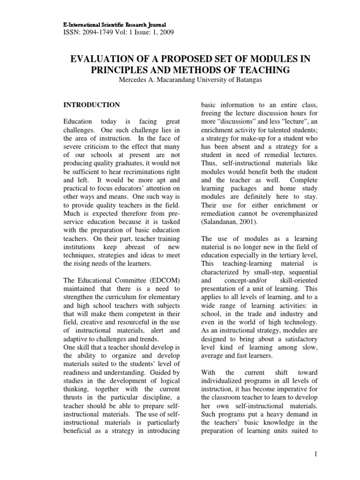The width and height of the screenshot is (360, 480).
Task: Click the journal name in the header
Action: tap(114, 23)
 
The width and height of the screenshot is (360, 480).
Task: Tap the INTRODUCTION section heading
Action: tap(91, 105)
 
